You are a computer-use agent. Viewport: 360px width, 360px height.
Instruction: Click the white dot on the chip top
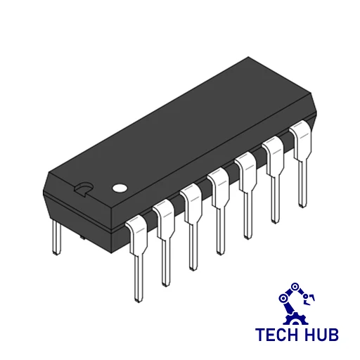pos(120,188)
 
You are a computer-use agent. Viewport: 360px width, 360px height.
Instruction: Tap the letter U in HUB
pos(321,334)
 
